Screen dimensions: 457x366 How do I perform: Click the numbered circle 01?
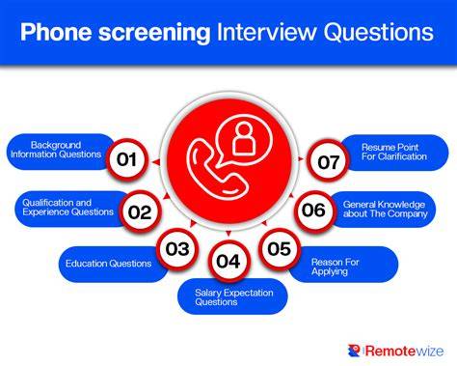pos(127,159)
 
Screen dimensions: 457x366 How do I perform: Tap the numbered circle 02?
pos(140,211)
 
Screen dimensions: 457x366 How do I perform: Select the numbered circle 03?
pos(177,249)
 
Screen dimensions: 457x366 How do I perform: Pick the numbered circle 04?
pos(228,261)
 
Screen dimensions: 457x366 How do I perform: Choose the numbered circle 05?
pos(280,248)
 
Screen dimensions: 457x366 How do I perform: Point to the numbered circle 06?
pos(314,211)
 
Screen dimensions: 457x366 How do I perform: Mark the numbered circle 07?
pos(328,161)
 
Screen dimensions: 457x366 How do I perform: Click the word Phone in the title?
pos(56,32)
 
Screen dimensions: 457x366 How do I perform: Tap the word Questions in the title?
pos(379,32)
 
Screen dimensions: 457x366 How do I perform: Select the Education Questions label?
pos(108,264)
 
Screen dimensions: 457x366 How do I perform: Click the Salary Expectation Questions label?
pos(234,297)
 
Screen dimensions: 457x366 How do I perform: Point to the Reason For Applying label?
pos(335,267)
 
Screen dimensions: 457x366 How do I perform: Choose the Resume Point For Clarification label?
pos(394,152)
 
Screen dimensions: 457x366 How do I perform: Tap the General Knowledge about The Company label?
pos(385,210)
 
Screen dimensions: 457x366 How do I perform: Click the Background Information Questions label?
pos(56,150)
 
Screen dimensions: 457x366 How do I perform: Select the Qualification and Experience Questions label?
pos(67,208)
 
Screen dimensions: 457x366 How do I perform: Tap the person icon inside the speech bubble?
pos(244,138)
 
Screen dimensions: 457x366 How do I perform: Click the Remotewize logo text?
pos(405,351)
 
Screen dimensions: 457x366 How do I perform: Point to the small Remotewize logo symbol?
pos(354,351)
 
